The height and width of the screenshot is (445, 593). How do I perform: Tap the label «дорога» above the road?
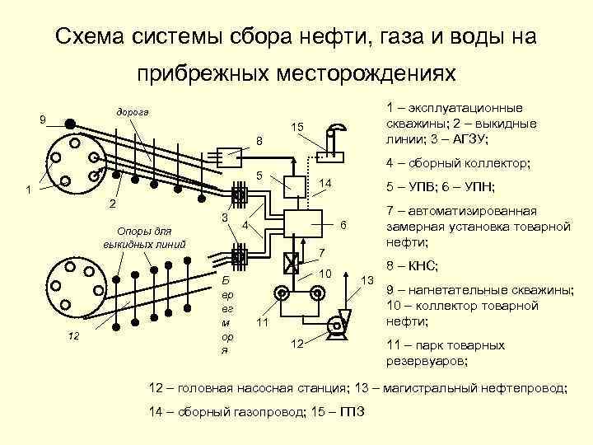132,111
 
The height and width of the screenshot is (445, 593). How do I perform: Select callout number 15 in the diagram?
296,126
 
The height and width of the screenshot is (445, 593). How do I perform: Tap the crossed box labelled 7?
291,265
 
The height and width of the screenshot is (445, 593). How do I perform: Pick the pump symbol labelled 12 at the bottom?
334,326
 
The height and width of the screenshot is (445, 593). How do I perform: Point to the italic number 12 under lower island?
75,335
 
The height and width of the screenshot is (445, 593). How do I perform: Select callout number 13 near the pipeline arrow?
367,281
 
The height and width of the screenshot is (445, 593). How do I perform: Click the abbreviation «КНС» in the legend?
422,266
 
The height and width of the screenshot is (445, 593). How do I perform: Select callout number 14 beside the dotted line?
325,183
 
